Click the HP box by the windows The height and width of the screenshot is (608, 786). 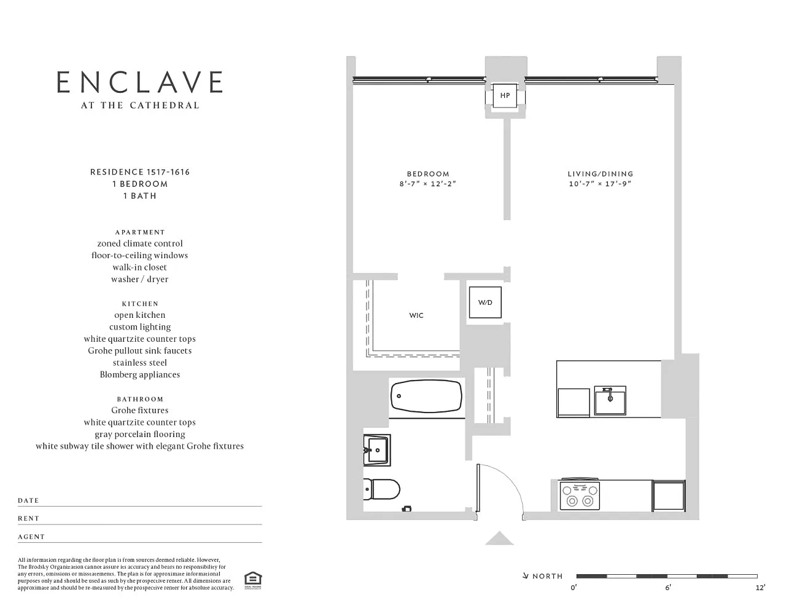click(505, 95)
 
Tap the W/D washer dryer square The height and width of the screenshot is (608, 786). click(485, 302)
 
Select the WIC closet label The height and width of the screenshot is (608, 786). click(416, 315)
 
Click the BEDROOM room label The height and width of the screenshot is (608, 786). click(428, 174)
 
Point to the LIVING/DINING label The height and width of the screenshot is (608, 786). click(601, 174)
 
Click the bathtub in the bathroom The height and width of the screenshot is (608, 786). click(426, 396)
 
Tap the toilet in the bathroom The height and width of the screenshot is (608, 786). click(381, 489)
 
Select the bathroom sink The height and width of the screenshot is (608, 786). click(376, 450)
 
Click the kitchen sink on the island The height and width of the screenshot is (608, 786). click(610, 400)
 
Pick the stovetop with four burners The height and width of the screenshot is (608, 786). click(580, 495)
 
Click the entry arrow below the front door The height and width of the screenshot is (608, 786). click(499, 538)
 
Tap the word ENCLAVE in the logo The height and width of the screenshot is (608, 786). click(139, 82)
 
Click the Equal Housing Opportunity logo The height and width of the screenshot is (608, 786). click(253, 581)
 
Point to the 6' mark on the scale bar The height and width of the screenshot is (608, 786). click(667, 587)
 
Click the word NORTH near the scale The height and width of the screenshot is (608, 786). click(547, 576)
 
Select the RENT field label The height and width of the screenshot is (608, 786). click(28, 518)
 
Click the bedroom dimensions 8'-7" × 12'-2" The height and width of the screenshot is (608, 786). click(427, 184)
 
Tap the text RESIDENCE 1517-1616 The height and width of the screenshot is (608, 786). click(140, 172)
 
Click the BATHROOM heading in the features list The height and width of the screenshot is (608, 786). click(140, 399)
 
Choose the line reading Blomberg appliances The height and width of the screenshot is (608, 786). click(140, 374)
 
